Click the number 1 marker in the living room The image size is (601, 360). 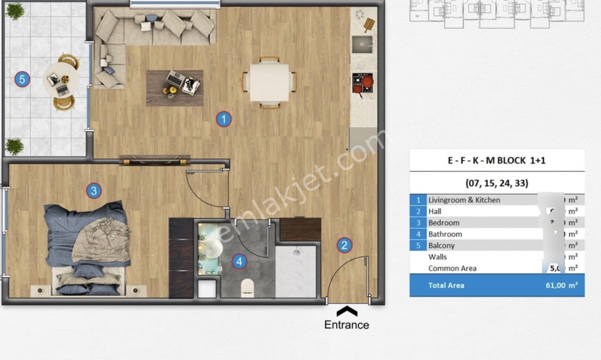coord(224,119)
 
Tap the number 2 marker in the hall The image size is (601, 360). coord(344,245)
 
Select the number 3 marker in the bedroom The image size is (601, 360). coord(94,190)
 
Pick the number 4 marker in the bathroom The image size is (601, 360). coord(239,261)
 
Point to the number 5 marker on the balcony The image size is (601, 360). coord(22,79)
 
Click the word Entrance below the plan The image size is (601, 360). coord(347,325)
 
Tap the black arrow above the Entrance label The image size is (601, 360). coord(347,311)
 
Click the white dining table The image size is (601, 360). coord(269,82)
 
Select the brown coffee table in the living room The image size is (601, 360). coord(174,88)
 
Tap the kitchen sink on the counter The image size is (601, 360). coord(361,44)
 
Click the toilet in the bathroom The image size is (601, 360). coord(247,286)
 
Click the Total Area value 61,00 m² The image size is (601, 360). coord(561,285)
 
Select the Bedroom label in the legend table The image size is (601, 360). coord(443,223)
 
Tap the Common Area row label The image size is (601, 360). coord(452,268)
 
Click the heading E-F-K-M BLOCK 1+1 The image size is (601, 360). coord(496,160)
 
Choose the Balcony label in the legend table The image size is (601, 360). coord(441,245)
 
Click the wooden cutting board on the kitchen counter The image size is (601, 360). coord(369,25)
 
